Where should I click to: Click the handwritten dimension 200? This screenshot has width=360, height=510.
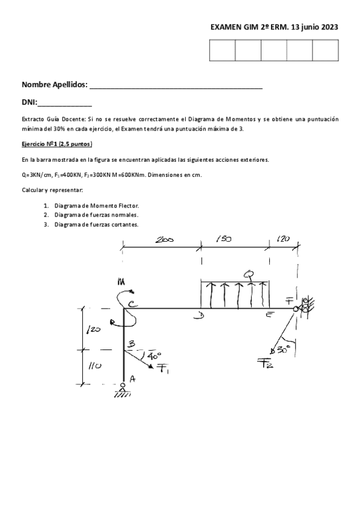[163, 239]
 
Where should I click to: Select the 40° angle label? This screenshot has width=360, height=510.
[150, 355]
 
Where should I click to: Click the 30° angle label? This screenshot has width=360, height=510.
[283, 348]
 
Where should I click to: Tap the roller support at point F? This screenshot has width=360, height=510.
[304, 308]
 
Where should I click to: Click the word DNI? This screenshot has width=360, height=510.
[29, 103]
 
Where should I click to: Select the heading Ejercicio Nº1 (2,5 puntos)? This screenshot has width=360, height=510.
[56, 145]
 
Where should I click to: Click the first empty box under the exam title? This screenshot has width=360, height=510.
[222, 51]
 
